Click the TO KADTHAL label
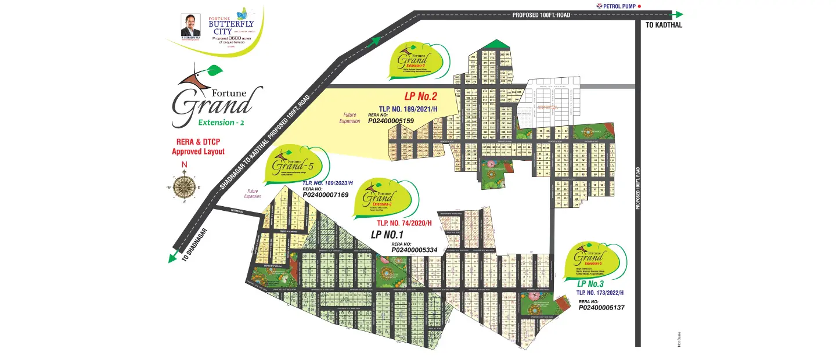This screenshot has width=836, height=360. coord(664,26)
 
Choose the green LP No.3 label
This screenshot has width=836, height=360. coord(590,284)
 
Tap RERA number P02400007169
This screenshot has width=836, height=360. coord(325,195)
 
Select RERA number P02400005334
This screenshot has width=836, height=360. coord(414,250)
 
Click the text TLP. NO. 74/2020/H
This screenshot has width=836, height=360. coord(405,223)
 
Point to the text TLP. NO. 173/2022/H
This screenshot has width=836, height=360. coord(600,293)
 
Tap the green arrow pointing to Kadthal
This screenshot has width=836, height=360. coord(676,15)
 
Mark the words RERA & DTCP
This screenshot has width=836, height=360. coord(198,142)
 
